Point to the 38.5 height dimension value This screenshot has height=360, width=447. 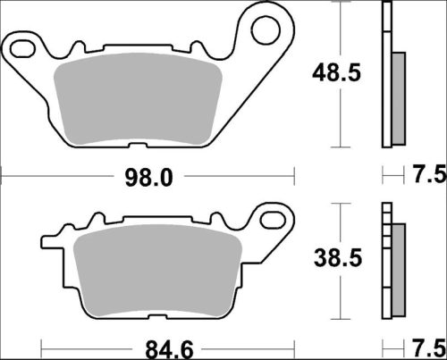[323, 259]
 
